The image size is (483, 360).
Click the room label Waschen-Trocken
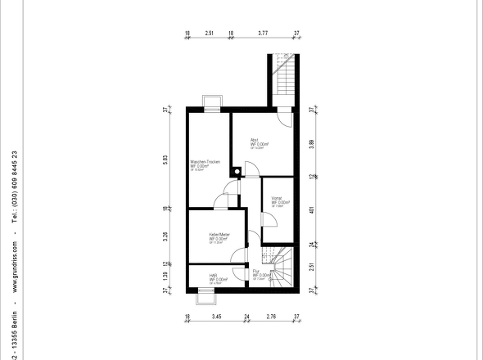pos(205,162)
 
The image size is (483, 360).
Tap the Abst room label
pos(255,140)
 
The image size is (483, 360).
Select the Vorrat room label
pos(277,198)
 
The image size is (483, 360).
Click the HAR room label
pos(213,276)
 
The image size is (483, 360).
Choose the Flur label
pos(256,271)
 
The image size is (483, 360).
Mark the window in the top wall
pos(212,104)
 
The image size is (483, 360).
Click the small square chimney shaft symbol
pos(237,172)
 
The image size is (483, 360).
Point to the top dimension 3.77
pos(263,34)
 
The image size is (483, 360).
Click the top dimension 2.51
pos(210,34)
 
